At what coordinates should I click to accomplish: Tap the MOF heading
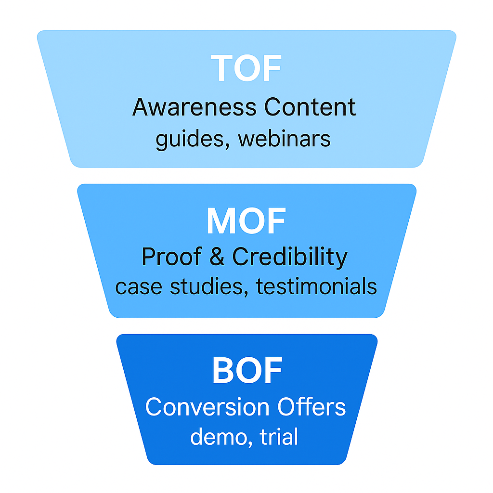tap(246, 221)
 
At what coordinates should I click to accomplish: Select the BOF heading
tap(247, 371)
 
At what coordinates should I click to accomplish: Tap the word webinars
tap(285, 139)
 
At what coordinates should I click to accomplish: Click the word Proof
tap(171, 258)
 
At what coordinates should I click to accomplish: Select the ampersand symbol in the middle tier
tap(217, 258)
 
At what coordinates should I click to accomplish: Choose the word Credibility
tap(290, 258)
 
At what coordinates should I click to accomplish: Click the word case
tap(136, 287)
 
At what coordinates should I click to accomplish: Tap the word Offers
tap(311, 407)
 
